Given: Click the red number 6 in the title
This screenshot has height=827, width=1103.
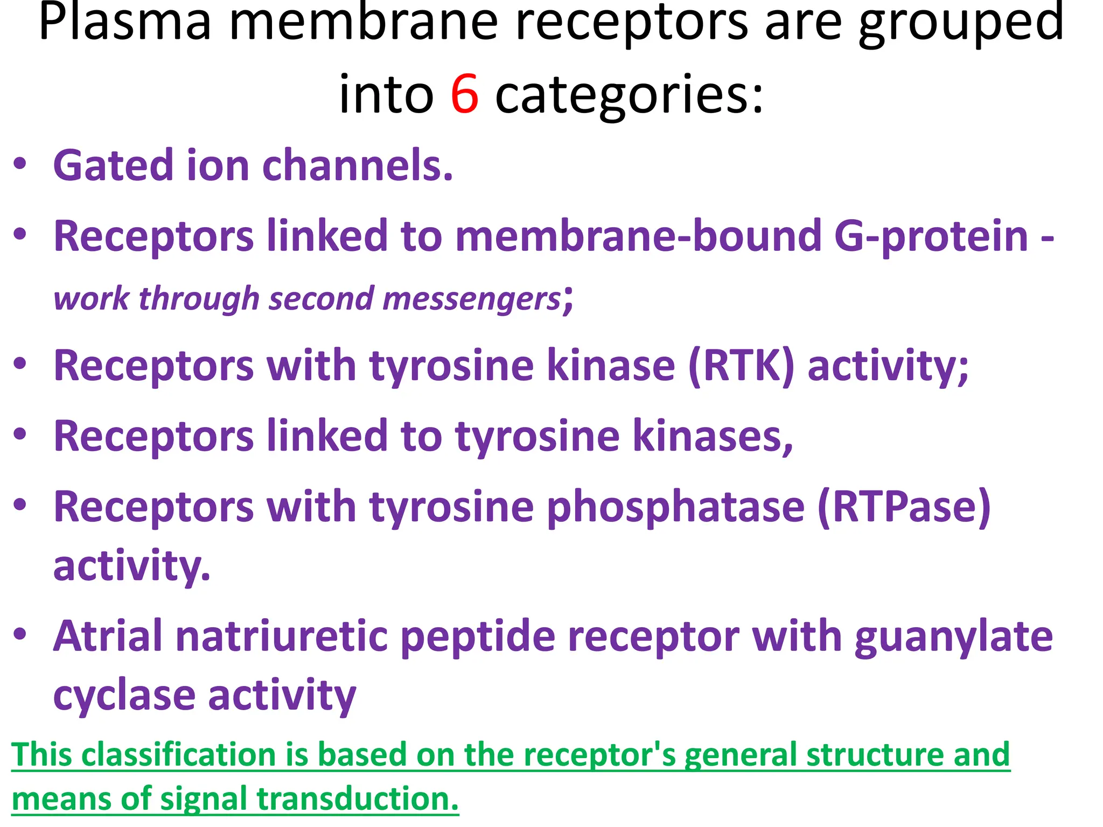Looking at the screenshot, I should [464, 94].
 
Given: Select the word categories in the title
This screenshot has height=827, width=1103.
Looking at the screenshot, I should [629, 95].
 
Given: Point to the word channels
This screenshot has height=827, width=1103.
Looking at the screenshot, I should [357, 165].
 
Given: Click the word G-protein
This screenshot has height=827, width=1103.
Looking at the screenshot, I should [931, 236].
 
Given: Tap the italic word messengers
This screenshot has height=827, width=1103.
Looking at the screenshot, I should [472, 298].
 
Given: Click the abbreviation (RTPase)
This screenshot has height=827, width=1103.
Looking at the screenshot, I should [904, 507].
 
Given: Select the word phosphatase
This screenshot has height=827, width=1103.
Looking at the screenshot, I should [675, 507].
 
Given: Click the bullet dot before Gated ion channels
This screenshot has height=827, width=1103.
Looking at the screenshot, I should [20, 164].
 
